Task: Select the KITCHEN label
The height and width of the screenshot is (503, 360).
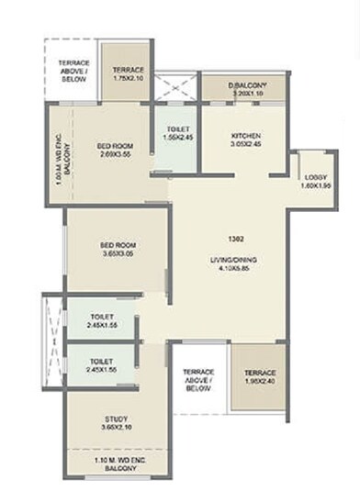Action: pos(246,135)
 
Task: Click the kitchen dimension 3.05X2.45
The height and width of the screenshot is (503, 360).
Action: pos(246,144)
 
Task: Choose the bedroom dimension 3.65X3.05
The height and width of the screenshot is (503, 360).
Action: pos(118,254)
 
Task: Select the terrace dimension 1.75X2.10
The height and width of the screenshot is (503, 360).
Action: pos(128,79)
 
